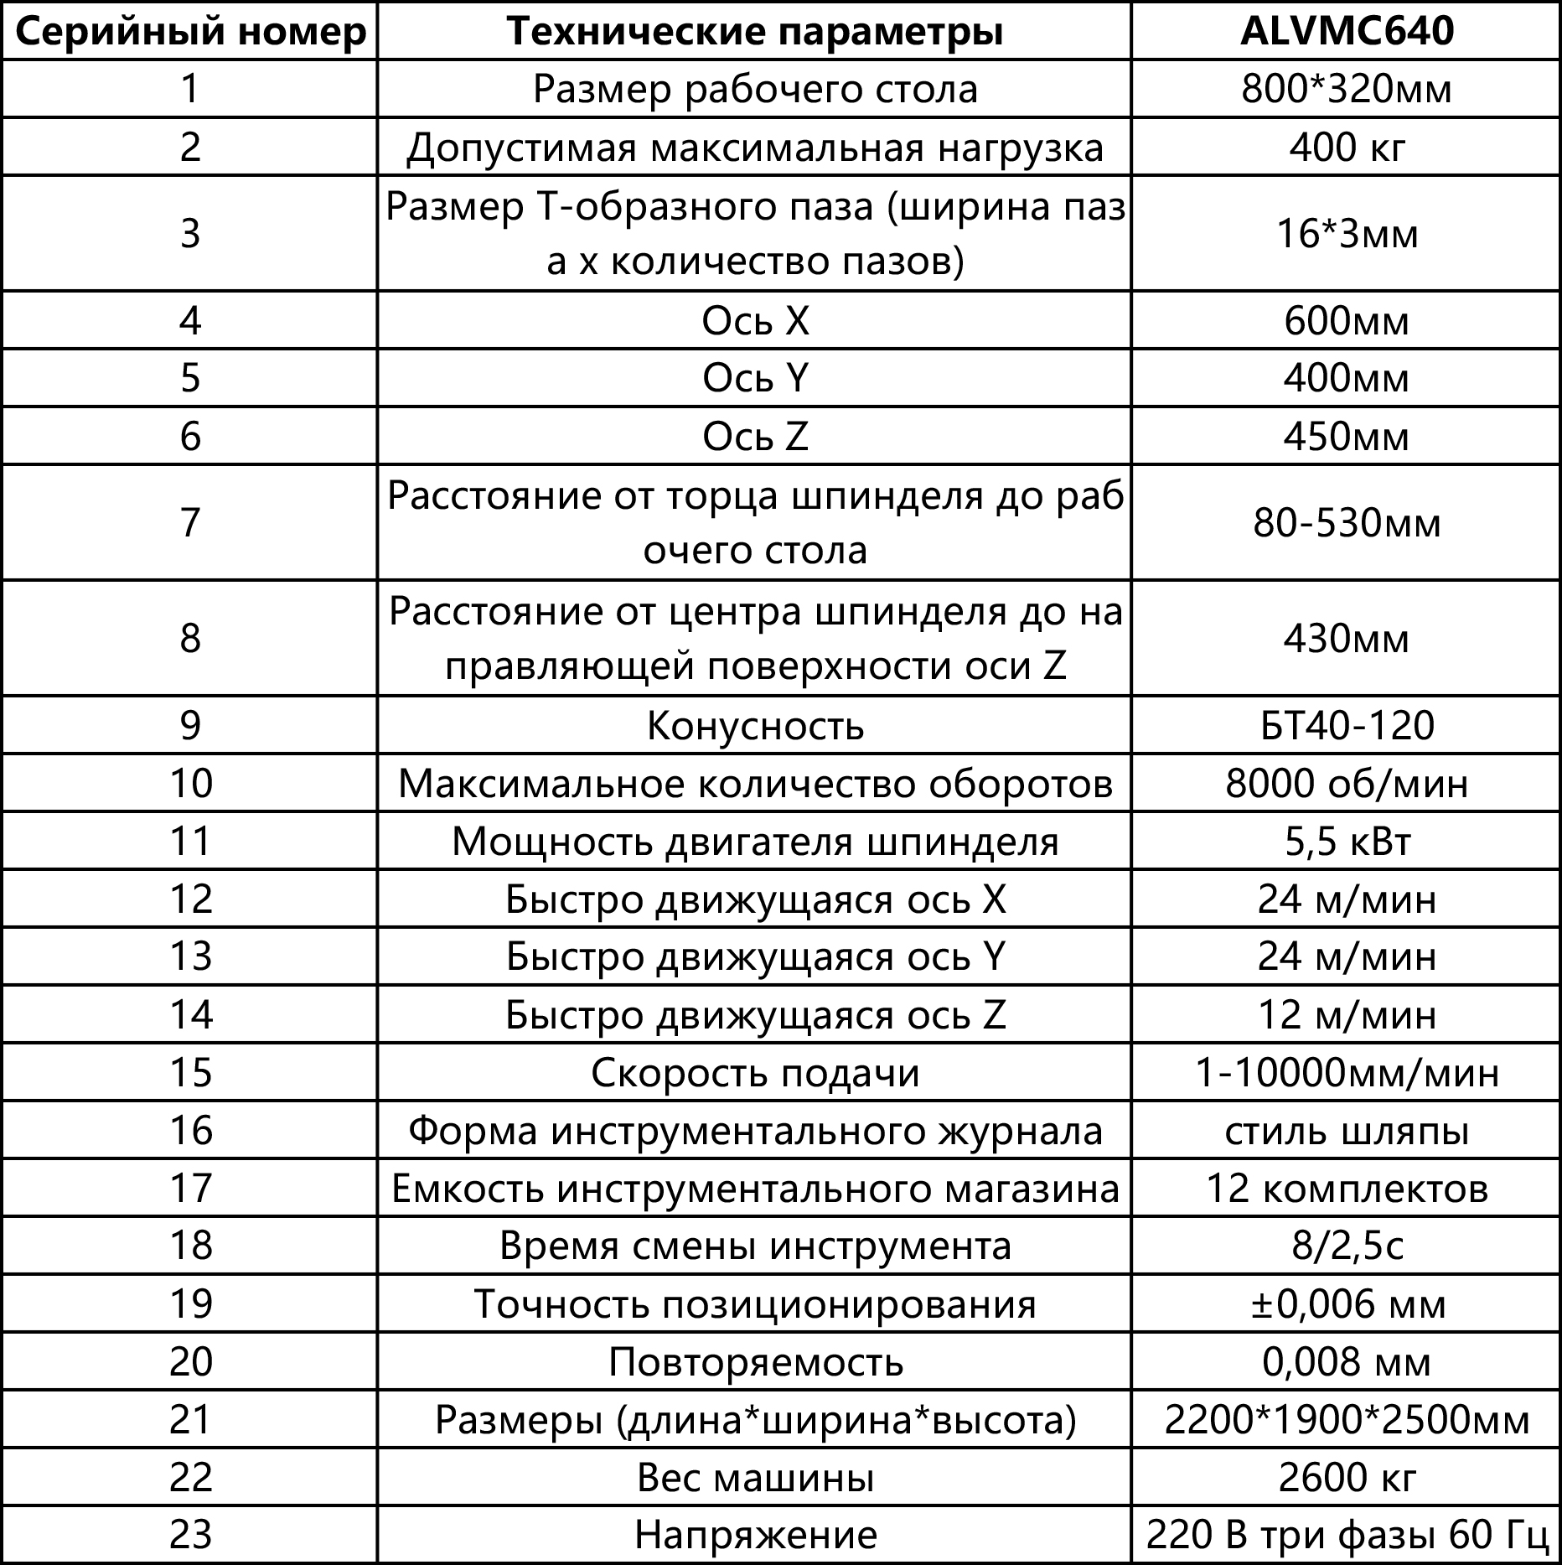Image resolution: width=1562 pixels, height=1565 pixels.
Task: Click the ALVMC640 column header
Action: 1346,31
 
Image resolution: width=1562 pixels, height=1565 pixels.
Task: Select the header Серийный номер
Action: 190,31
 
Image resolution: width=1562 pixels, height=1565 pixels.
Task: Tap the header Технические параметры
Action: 755,31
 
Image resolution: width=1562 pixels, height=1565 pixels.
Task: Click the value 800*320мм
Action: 1346,89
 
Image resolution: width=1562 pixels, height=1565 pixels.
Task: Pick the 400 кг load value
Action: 1346,148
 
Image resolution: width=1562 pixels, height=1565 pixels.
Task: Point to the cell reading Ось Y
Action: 755,378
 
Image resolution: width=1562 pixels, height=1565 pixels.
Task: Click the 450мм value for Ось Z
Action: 1346,437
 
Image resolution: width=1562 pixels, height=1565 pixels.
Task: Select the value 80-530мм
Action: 1346,523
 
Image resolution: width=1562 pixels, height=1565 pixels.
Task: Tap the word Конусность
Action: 755,725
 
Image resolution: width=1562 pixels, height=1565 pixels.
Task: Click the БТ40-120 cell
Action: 1346,725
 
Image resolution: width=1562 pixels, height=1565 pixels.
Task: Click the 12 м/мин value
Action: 1346,1015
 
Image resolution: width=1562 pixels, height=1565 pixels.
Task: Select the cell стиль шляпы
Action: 1346,1131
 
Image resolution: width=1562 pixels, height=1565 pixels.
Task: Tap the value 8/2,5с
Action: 1346,1246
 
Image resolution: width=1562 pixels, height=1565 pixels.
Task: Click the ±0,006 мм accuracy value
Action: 1346,1304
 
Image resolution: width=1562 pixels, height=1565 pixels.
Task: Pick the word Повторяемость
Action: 755,1362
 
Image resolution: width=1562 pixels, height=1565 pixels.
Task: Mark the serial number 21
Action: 190,1420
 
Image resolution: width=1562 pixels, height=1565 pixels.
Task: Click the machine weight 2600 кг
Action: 1346,1478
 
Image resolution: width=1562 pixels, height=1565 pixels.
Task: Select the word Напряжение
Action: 755,1536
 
